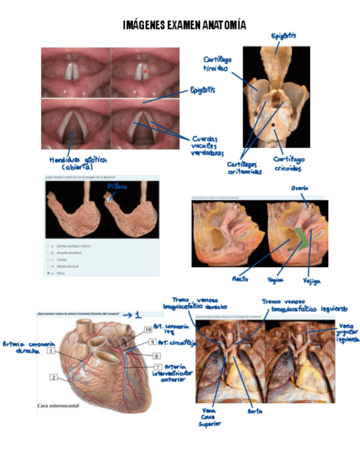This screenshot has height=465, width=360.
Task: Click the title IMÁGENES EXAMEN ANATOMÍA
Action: click(x=184, y=25)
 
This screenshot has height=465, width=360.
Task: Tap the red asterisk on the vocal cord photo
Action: click(x=145, y=71)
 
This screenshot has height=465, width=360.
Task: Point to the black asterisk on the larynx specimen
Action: click(x=273, y=125)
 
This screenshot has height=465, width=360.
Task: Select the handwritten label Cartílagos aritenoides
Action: click(x=245, y=168)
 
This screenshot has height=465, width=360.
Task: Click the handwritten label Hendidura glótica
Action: click(x=77, y=163)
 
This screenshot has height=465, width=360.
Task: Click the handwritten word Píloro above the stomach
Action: click(x=117, y=187)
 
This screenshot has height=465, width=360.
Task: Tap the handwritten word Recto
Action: click(x=240, y=279)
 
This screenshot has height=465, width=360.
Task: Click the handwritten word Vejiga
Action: click(x=312, y=281)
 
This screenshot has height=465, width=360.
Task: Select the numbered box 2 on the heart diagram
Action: click(x=54, y=377)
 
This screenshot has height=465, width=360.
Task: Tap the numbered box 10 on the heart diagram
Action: click(x=148, y=330)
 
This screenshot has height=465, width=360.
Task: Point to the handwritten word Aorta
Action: click(x=255, y=411)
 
